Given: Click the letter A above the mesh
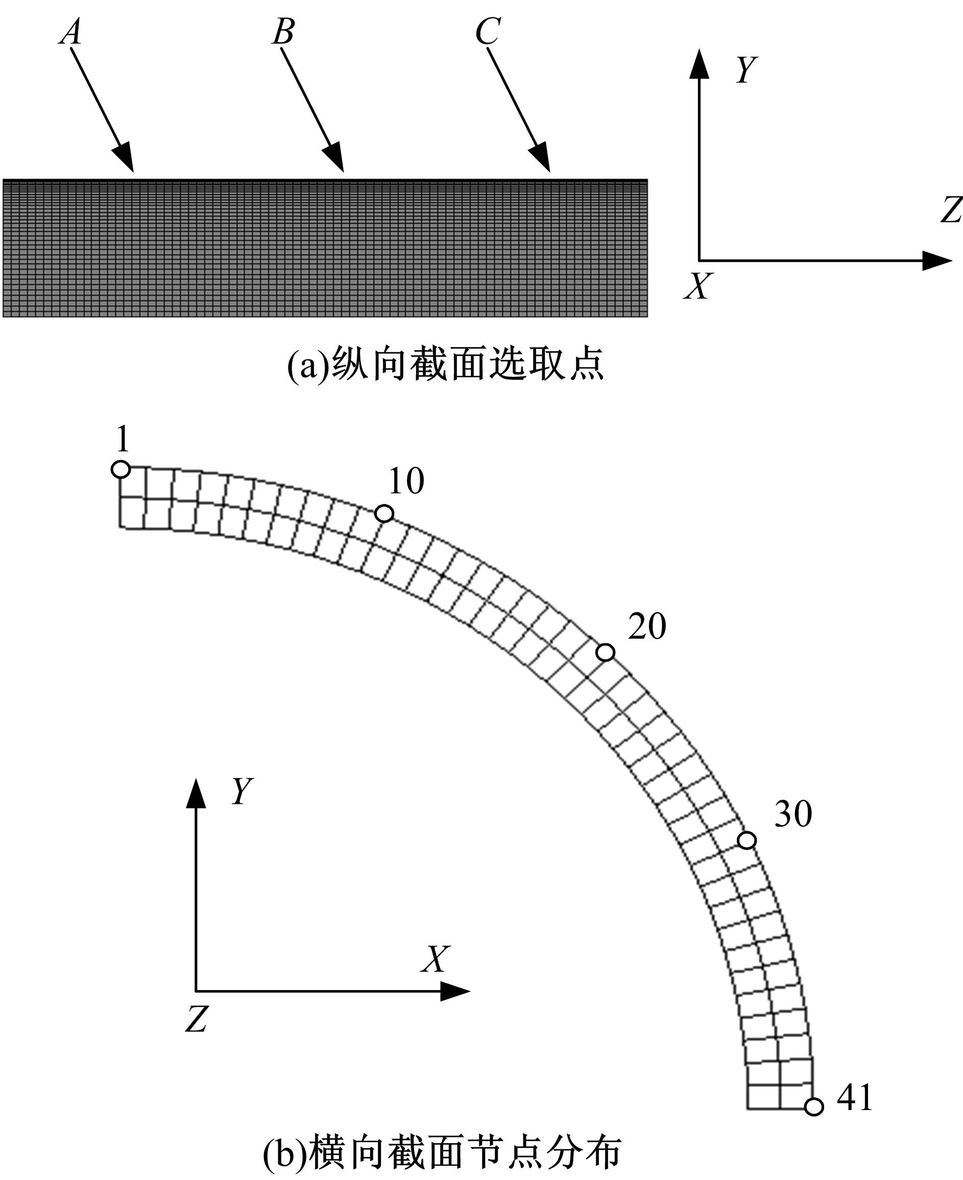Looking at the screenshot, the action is tap(71, 32).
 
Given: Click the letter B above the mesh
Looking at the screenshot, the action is tap(283, 32).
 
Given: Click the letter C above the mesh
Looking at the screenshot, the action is tap(488, 32).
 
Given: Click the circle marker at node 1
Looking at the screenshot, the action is tap(121, 469).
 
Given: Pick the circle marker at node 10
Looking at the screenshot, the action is tap(384, 514).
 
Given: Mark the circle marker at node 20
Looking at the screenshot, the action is tap(605, 653).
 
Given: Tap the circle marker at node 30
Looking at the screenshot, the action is tap(747, 840).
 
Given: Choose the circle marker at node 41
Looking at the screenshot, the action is tap(814, 1107).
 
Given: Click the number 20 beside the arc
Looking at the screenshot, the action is tap(647, 627).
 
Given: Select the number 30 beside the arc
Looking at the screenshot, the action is tap(793, 814).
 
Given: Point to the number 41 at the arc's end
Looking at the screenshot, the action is tap(854, 1097).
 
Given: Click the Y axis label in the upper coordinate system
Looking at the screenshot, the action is tap(746, 70).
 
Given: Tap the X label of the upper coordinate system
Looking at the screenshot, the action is tap(697, 286).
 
